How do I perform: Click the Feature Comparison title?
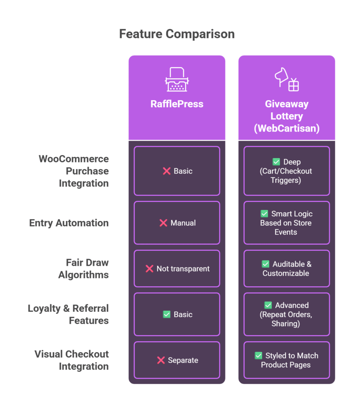177,34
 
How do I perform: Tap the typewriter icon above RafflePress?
177,79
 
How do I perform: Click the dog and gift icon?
287,79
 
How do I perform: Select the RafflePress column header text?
177,104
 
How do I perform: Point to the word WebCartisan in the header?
287,128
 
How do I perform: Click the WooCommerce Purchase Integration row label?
74,171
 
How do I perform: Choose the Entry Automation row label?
69,223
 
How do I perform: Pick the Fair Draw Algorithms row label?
84,269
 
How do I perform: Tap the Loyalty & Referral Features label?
68,314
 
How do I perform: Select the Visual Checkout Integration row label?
71,360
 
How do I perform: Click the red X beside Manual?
163,223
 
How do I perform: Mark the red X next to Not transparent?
149,269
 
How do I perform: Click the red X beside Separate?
161,360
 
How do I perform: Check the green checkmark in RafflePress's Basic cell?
167,314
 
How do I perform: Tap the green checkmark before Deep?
276,162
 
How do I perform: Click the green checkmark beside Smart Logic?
264,214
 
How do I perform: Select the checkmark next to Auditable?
266,264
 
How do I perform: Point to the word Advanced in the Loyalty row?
292,305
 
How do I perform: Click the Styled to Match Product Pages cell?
287,360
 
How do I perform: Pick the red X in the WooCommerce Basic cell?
167,171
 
